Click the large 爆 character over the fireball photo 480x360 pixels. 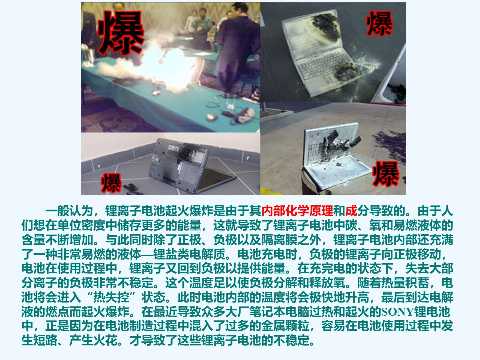coord(121,33)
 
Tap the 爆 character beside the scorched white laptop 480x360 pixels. coord(379,23)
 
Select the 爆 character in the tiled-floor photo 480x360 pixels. coord(111,183)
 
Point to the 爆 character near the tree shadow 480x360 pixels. coord(386,174)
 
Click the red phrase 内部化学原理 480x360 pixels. coord(297,211)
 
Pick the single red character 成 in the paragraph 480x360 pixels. coord(351,211)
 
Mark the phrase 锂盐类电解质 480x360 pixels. coord(189,254)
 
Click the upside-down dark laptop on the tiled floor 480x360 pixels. coord(190,165)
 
